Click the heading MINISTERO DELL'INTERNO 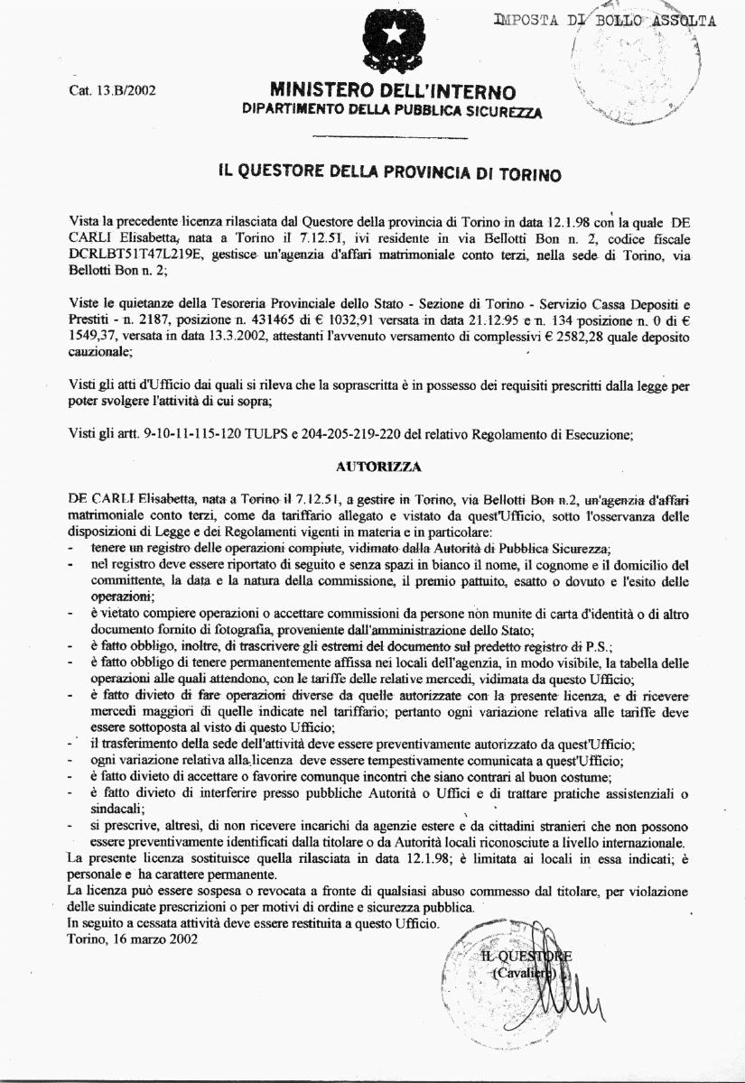tap(393, 92)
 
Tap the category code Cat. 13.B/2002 tap(113, 92)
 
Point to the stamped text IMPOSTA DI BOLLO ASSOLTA tap(605, 21)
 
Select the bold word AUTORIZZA tap(375, 467)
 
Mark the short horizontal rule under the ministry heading tap(389, 138)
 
